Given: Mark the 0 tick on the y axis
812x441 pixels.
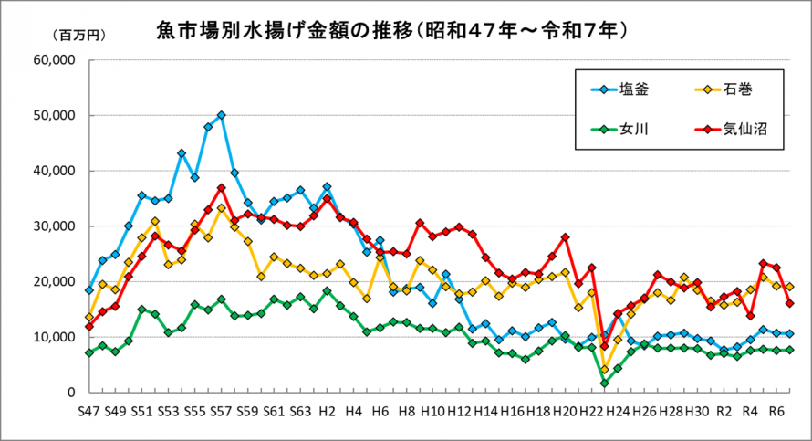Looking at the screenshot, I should [x=69, y=392].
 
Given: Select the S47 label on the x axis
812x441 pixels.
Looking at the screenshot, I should [x=88, y=411].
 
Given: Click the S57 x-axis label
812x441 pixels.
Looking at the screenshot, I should [x=221, y=411].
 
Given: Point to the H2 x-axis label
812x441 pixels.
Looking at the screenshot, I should [x=327, y=411].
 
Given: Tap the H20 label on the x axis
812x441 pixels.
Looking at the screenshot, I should [x=565, y=411].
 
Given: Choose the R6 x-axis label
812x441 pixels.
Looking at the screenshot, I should [x=776, y=411].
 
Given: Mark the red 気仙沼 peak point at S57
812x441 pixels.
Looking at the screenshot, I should [x=221, y=188].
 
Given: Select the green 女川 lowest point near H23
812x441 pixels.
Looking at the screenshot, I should [x=604, y=383].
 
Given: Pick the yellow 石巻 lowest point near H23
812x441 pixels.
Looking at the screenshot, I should [x=604, y=369].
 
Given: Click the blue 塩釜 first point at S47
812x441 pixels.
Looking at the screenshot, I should [x=88, y=290].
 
